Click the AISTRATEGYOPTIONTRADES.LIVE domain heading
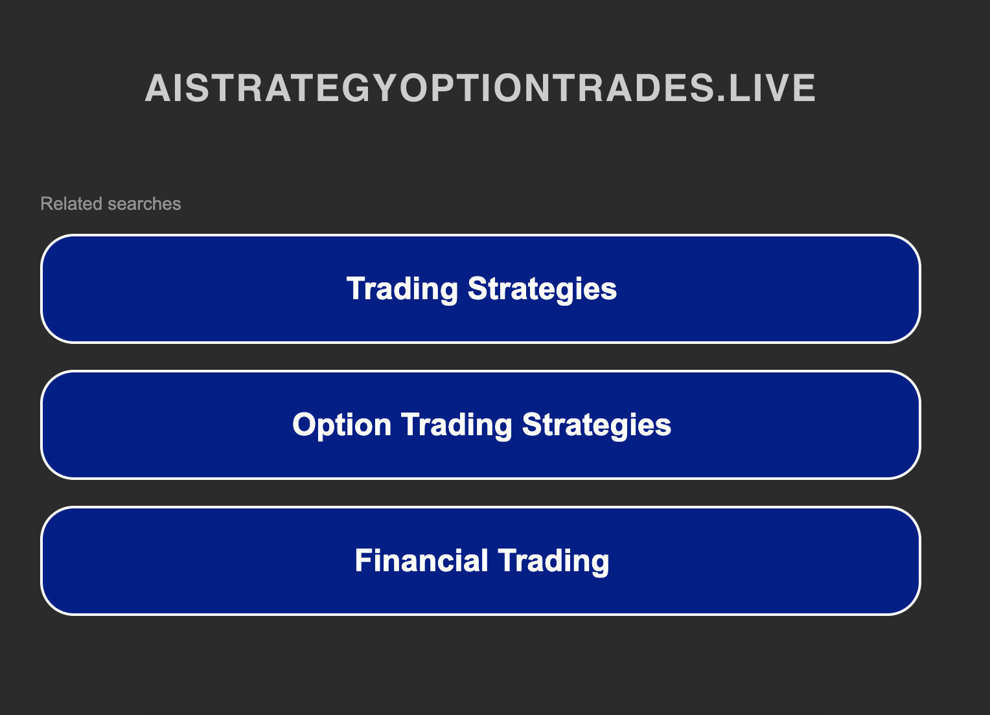coord(479,88)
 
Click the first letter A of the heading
coord(157,88)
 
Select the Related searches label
coord(110,204)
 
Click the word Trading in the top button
coord(402,289)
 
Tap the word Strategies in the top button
coord(542,289)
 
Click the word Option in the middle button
coord(341,425)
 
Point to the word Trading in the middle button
coord(457,425)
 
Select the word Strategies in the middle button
coord(597,425)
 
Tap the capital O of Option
coord(304,425)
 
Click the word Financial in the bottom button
coord(421,561)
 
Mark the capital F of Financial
coord(363,561)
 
